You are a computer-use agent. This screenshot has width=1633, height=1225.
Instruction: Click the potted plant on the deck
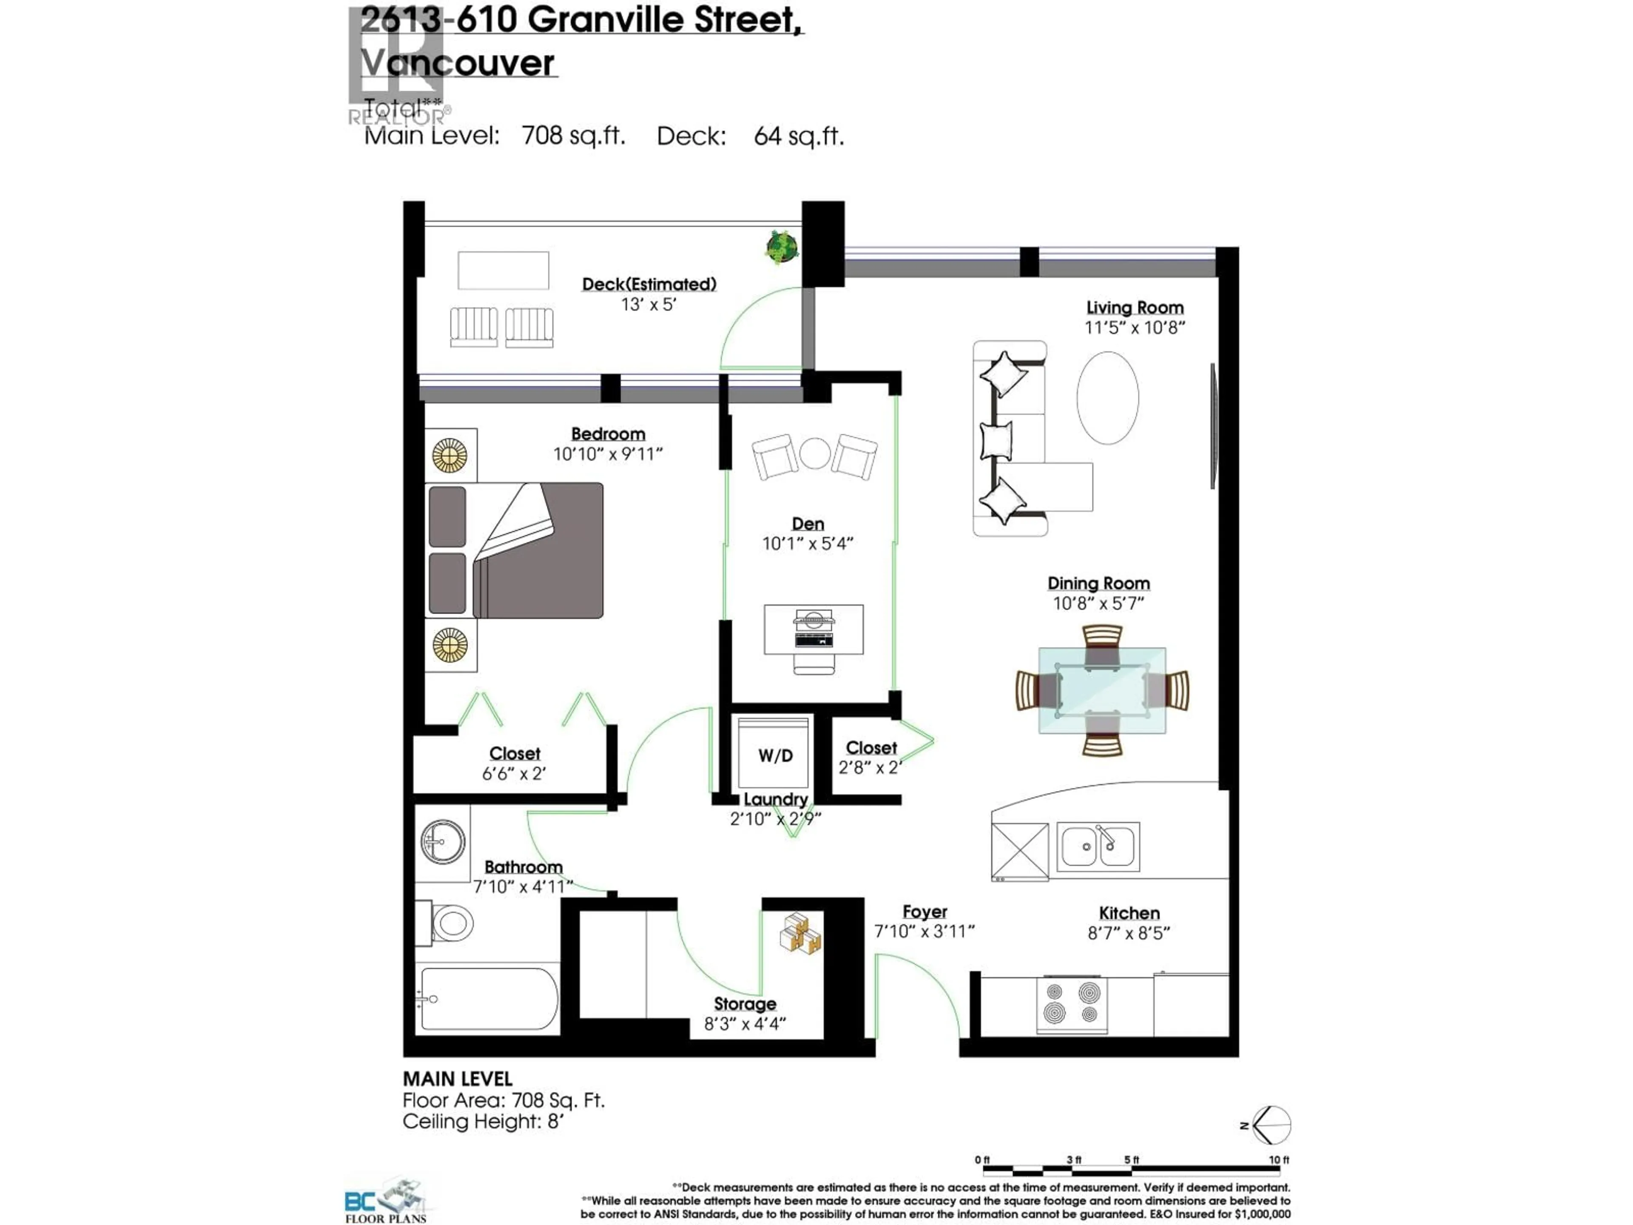[x=782, y=248]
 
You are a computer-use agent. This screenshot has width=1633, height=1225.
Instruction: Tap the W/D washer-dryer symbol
[x=775, y=755]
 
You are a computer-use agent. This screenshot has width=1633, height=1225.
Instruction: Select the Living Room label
[x=1135, y=307]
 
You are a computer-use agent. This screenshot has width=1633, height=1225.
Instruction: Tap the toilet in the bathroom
[x=446, y=922]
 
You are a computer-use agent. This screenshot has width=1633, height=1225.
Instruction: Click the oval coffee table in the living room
[x=1107, y=397]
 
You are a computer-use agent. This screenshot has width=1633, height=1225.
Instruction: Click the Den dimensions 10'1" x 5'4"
[x=808, y=544]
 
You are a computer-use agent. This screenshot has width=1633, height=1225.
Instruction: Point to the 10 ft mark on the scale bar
[x=1279, y=1160]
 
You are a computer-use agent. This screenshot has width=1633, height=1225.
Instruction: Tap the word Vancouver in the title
[x=458, y=63]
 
